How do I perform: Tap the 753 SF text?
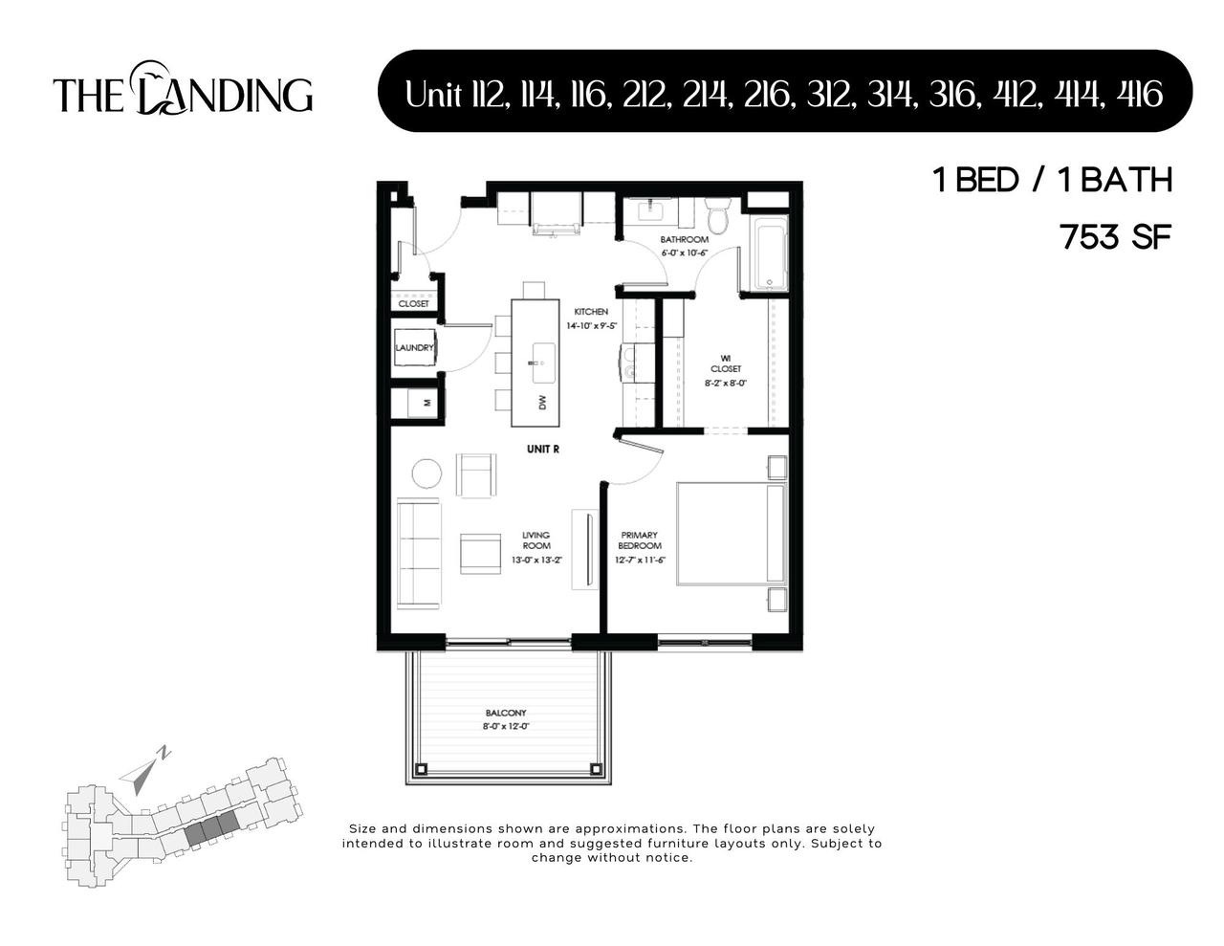point(1115,236)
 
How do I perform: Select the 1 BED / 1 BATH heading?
point(1052,180)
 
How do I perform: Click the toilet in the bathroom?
point(717,215)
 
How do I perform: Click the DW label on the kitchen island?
point(542,403)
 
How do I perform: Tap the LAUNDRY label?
point(415,348)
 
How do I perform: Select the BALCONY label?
point(506,714)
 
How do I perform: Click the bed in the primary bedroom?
point(731,534)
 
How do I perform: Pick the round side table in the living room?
point(426,473)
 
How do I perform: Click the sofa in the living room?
point(418,552)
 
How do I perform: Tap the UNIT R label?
point(542,449)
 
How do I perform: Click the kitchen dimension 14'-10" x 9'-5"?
point(591,326)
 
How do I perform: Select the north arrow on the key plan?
point(142,770)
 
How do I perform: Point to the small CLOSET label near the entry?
point(414,304)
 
